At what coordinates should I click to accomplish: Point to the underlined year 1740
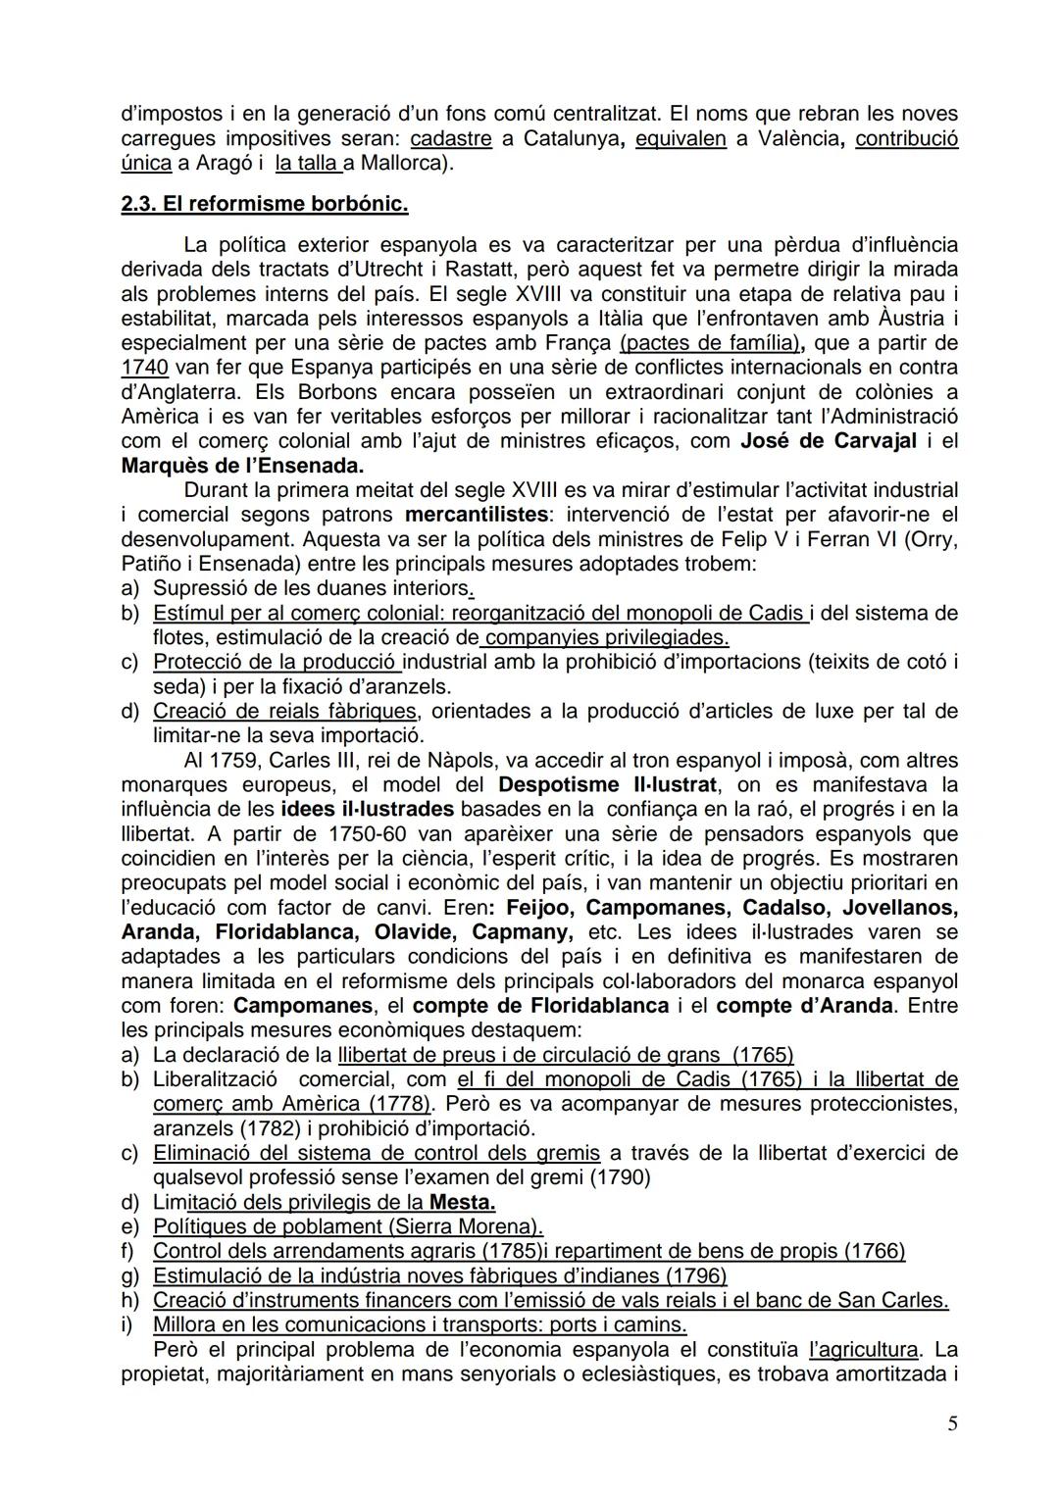coord(144,367)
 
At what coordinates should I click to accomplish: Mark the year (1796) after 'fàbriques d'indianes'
coord(695,1274)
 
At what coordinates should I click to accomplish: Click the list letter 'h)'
coord(130,1300)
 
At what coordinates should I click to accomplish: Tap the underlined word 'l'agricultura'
coord(864,1349)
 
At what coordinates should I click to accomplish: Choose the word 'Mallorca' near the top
coord(405,163)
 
